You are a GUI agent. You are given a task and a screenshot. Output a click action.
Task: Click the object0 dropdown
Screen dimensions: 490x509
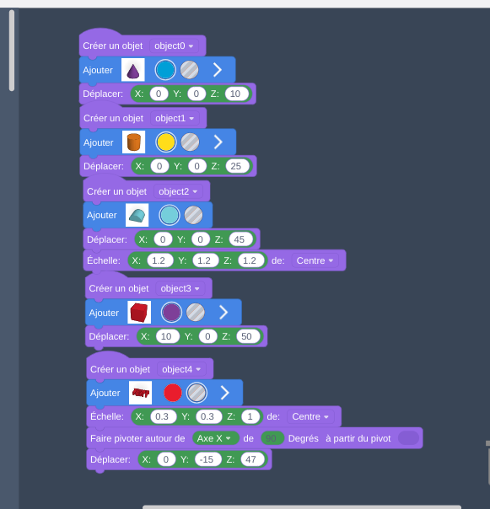174,46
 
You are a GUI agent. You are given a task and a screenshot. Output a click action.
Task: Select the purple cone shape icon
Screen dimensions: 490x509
133,70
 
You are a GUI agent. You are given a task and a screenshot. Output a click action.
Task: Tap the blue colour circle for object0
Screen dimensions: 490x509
165,70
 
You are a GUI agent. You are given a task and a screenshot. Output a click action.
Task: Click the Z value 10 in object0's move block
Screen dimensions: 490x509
236,94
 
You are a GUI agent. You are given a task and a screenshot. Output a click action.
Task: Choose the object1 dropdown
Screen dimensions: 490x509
175,118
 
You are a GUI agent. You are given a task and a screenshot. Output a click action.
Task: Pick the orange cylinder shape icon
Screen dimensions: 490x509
133,142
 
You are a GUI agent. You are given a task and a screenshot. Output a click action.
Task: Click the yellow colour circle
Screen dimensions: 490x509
166,142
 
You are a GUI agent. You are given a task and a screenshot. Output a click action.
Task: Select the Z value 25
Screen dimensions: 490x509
237,166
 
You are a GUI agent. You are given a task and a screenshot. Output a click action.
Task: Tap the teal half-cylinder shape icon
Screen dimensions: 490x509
137,215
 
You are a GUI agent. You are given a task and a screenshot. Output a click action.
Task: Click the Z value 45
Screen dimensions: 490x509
240,239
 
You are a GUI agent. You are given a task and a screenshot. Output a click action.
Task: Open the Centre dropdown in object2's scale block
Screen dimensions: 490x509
315,260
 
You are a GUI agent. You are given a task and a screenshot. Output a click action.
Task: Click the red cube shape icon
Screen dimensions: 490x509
139,313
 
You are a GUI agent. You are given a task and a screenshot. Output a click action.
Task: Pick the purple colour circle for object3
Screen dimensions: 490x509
171,313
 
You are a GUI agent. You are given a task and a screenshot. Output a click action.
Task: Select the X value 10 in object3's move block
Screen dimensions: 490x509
168,336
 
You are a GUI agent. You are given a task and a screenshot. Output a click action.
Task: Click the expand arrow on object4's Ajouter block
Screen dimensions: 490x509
225,393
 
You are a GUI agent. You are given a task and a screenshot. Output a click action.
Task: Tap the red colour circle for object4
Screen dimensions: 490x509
173,393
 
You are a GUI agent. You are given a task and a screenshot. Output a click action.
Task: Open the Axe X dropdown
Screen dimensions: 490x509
215,438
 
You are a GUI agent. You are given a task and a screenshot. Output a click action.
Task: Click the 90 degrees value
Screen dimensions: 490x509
272,438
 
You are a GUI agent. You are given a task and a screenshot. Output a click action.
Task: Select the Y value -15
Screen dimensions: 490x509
208,459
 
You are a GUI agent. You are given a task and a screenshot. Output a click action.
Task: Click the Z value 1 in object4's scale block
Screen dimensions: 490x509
250,416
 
